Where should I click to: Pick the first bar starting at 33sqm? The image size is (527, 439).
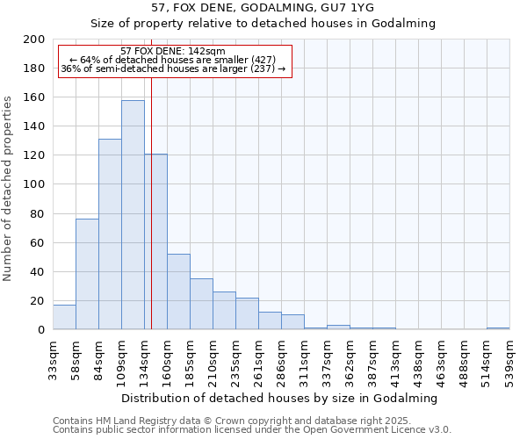coord(64,317)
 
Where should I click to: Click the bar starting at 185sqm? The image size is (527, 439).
coord(201,304)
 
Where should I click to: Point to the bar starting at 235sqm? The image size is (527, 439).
coord(247,313)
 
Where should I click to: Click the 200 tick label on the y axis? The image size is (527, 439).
coord(34,40)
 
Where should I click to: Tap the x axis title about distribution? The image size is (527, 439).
coord(280,398)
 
